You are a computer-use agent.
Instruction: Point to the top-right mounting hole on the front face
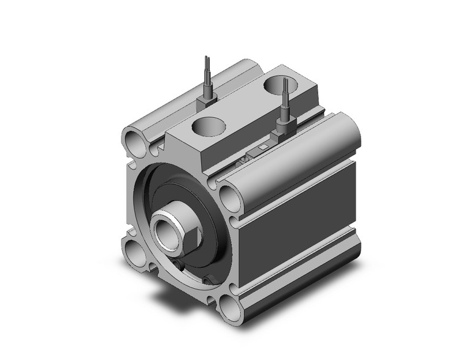coord(230,198)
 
